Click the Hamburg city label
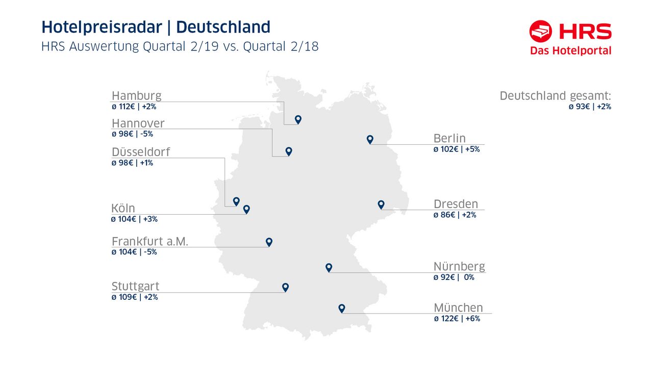click(x=136, y=95)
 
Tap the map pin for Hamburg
click(x=298, y=119)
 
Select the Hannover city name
click(x=138, y=123)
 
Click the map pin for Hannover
click(x=289, y=151)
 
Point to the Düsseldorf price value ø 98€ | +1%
click(x=132, y=163)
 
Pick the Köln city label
click(x=123, y=208)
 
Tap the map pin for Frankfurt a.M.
click(x=269, y=242)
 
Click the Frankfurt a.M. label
click(x=149, y=241)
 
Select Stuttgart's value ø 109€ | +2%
click(x=135, y=297)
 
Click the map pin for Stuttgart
click(x=285, y=287)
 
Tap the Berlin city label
click(x=449, y=138)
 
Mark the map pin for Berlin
click(x=370, y=139)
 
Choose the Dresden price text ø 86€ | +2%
click(x=455, y=215)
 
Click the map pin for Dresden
click(x=381, y=204)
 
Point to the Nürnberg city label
click(x=459, y=267)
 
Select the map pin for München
click(x=342, y=308)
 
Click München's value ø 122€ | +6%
click(x=457, y=319)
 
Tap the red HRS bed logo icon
click(x=541, y=32)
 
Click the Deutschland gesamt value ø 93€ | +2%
click(x=590, y=107)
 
